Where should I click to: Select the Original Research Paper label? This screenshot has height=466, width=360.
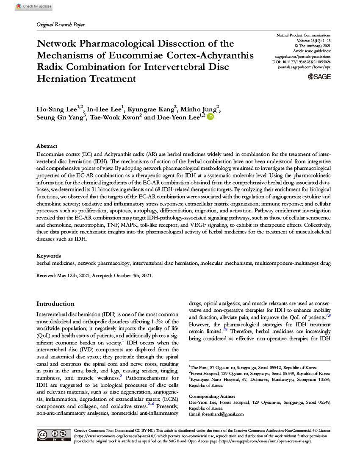pos(61,25)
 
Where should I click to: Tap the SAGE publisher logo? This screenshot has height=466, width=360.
pos(319,76)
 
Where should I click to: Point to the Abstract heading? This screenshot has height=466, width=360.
pos(47,146)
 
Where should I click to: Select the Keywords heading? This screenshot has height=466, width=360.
pos(48,255)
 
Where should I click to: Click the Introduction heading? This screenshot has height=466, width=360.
pos(55,304)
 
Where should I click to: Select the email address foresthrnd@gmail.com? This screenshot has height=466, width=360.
pos(222,414)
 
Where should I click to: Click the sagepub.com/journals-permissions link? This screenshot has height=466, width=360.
pos(303,56)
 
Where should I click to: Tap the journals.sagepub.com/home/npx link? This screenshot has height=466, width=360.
pos(304,67)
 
